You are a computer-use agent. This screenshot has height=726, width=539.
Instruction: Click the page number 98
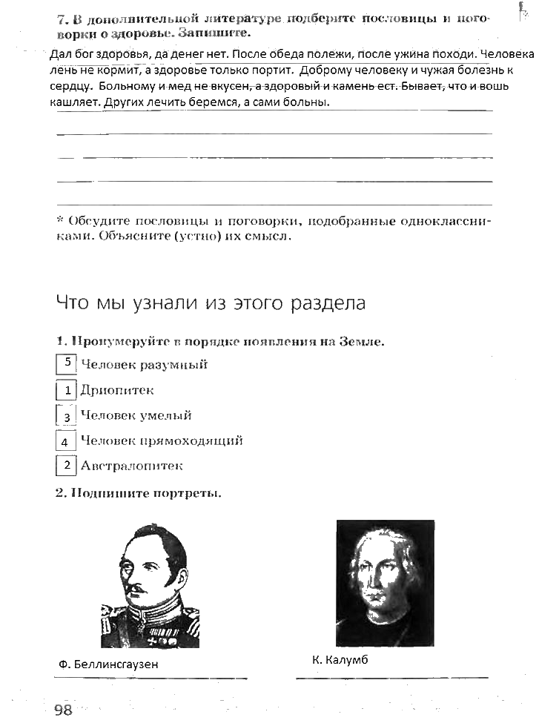point(63,710)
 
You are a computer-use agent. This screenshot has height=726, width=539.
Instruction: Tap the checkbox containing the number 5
point(67,363)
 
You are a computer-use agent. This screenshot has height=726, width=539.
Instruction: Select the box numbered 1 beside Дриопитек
point(67,390)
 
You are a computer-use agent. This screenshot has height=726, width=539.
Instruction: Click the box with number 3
point(67,416)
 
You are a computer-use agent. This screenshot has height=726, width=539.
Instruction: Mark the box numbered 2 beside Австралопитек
point(67,466)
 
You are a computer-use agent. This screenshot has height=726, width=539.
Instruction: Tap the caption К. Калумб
point(340,659)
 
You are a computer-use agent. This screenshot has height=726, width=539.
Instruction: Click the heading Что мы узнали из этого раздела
point(211,303)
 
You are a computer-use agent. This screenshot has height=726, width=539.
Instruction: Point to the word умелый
point(168,416)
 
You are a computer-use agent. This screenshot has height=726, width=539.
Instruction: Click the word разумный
point(176,364)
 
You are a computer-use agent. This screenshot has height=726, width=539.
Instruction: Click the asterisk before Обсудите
point(60,221)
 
